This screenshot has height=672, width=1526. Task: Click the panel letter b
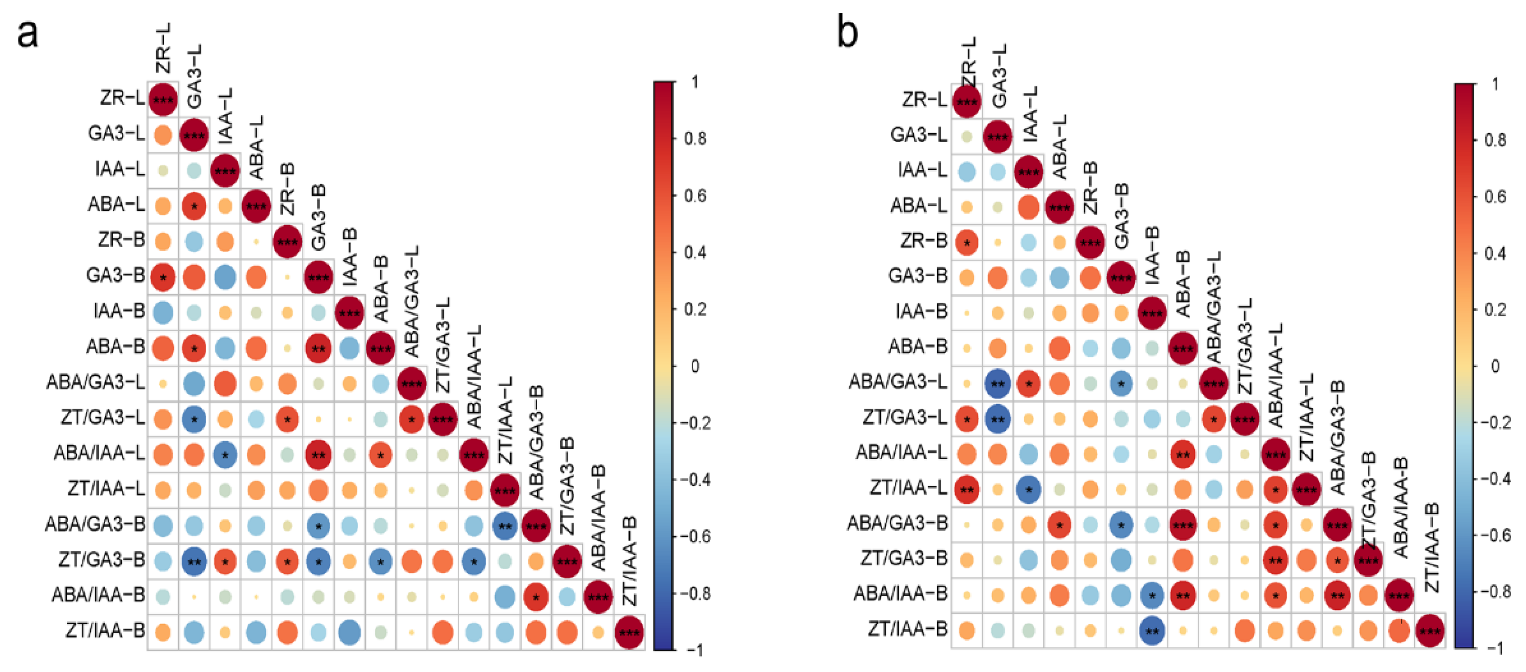847,33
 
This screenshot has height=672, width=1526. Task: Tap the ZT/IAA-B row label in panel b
908,629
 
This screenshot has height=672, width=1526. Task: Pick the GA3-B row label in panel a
116,275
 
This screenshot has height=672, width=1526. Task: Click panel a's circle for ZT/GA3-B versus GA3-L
194,561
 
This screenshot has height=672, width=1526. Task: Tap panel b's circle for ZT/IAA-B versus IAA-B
1152,631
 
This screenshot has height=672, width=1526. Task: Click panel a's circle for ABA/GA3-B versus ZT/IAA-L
505,526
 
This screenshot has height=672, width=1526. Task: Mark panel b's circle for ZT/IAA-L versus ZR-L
967,490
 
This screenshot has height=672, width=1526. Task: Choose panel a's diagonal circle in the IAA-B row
349,313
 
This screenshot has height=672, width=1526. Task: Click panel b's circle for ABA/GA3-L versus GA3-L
998,384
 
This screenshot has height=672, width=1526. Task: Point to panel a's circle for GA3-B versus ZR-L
163,277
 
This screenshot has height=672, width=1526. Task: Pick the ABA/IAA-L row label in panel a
99,454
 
